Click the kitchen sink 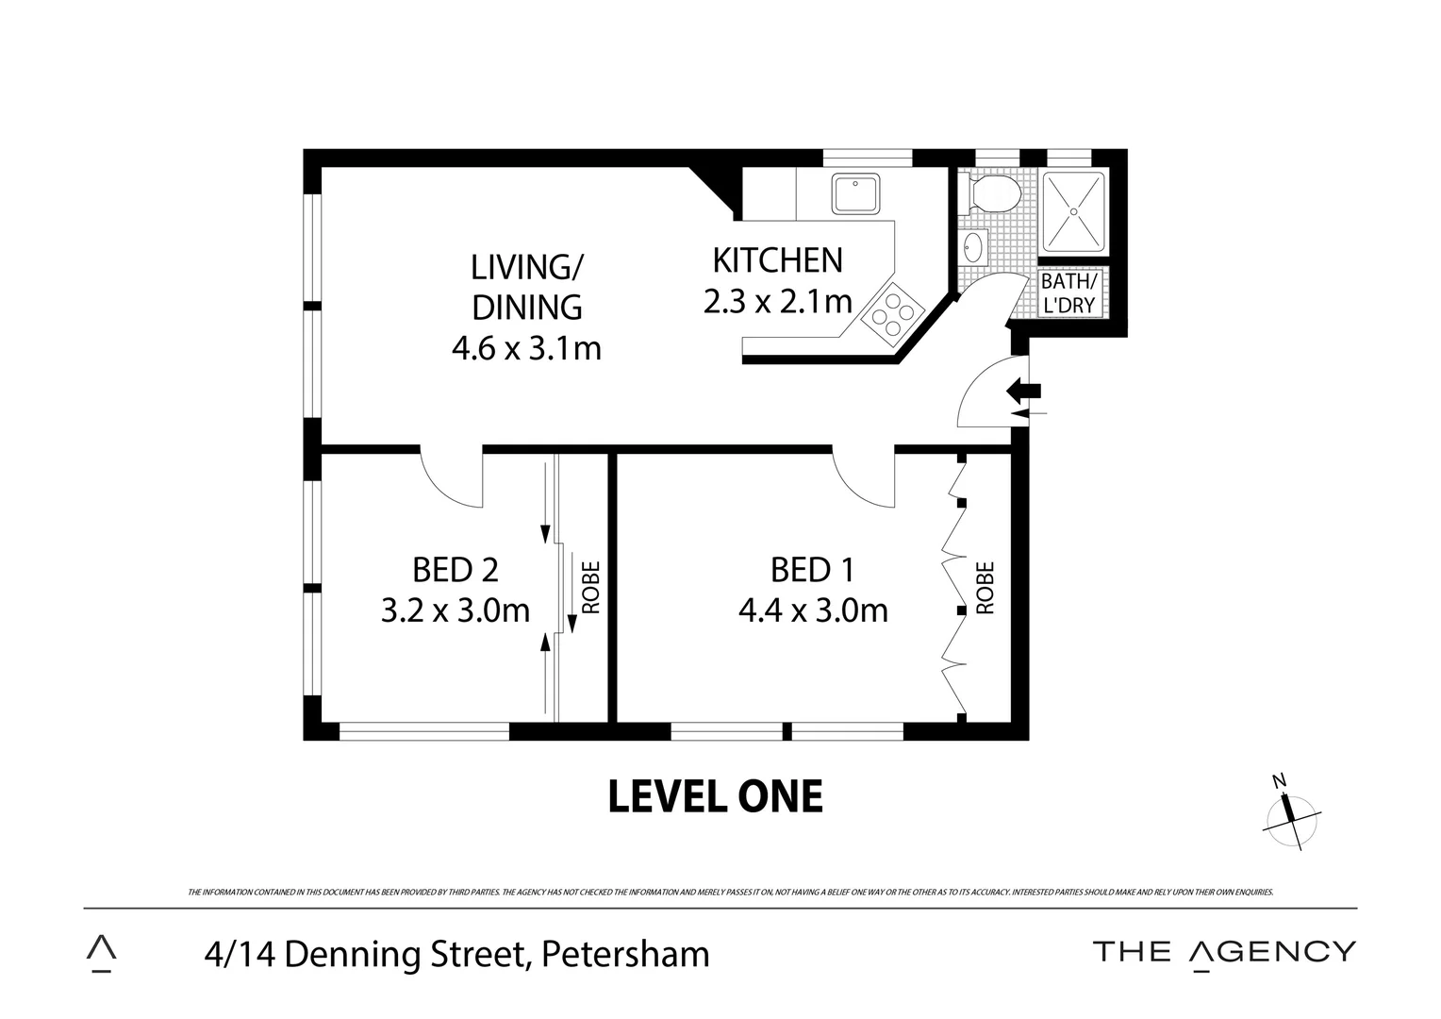[856, 192]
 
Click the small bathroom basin [973, 248]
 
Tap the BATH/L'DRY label [1068, 293]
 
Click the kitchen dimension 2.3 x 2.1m [777, 302]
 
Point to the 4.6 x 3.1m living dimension [526, 349]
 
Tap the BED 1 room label [812, 570]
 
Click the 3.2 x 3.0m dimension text [455, 610]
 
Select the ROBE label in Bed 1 [986, 588]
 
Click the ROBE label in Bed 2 [591, 588]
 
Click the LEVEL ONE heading [715, 796]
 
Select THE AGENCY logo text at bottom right [1224, 951]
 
